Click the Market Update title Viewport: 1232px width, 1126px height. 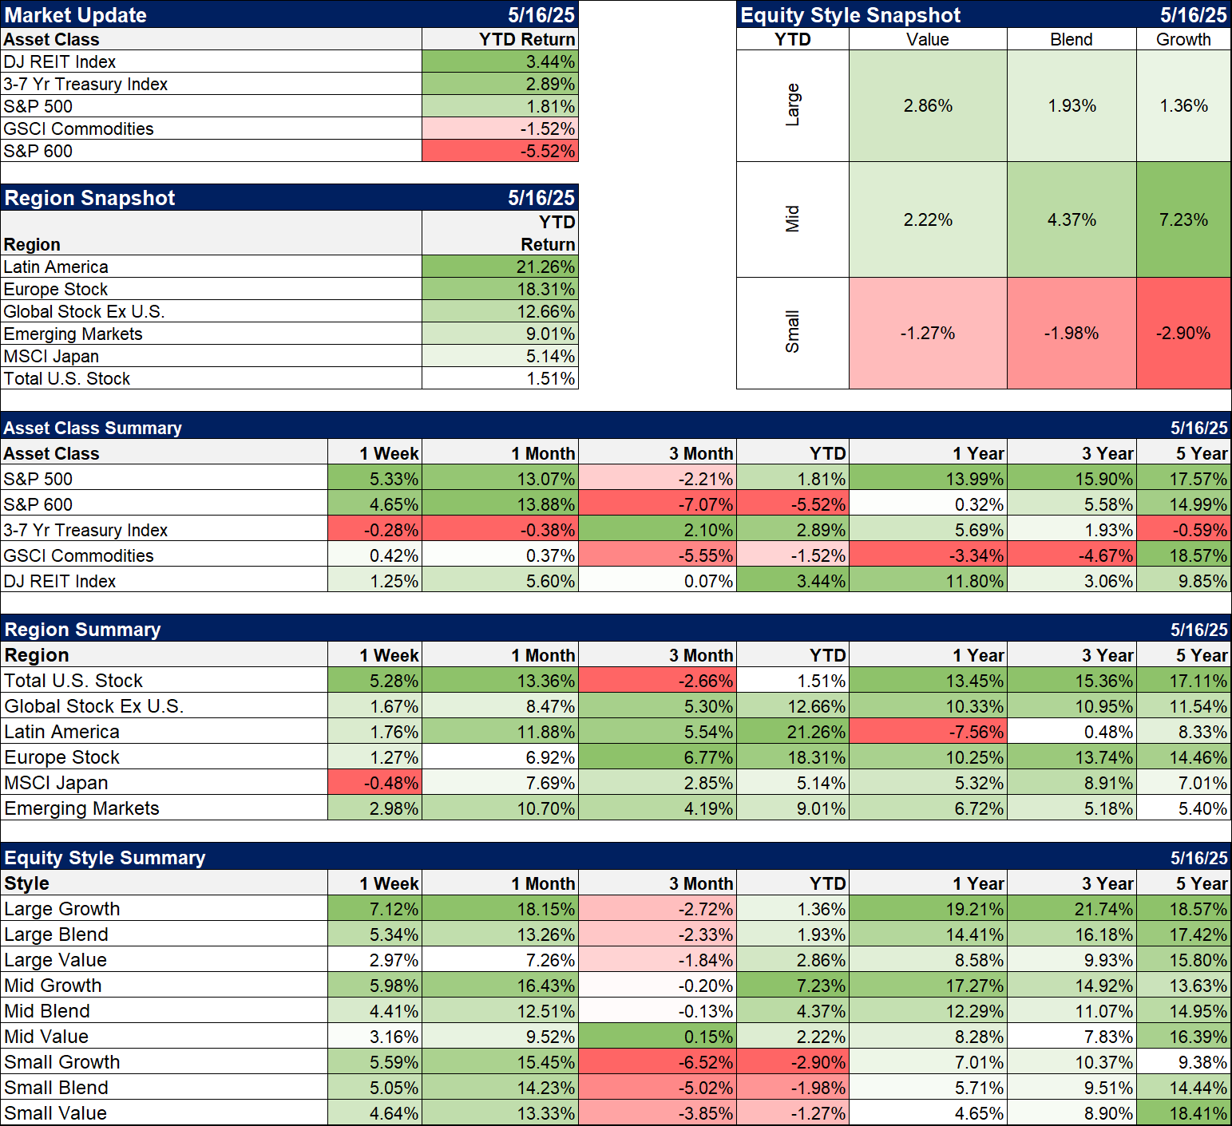pyautogui.click(x=76, y=15)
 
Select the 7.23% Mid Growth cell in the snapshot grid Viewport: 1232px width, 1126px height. pyautogui.click(x=1182, y=219)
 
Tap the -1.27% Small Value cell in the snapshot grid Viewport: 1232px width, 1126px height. pyautogui.click(x=927, y=333)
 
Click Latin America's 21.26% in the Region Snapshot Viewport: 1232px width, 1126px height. pyautogui.click(x=545, y=267)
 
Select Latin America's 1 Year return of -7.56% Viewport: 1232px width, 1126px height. pyautogui.click(x=974, y=732)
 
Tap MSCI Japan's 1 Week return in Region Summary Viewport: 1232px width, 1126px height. pyautogui.click(x=390, y=783)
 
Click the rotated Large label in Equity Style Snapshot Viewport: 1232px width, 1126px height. pyautogui.click(x=792, y=105)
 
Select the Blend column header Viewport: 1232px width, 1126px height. pyautogui.click(x=1071, y=39)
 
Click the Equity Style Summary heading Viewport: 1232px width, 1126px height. pyautogui.click(x=105, y=858)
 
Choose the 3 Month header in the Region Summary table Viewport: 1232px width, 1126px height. pyautogui.click(x=701, y=655)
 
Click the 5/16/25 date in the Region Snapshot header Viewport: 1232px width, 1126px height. pyautogui.click(x=541, y=198)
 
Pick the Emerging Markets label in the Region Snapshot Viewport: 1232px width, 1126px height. pyautogui.click(x=73, y=334)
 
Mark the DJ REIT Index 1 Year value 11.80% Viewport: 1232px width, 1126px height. pyautogui.click(x=974, y=581)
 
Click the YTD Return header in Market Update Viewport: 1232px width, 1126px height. pyautogui.click(x=527, y=39)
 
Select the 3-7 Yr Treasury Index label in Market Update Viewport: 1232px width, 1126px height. pyautogui.click(x=85, y=84)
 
